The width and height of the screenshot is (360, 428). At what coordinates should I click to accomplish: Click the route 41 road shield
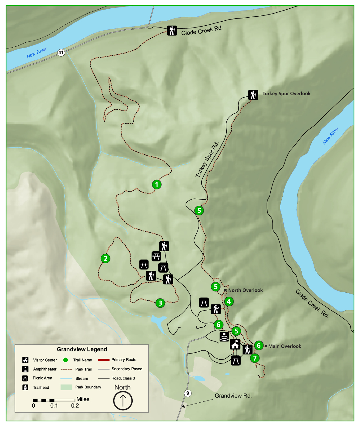(x=61, y=53)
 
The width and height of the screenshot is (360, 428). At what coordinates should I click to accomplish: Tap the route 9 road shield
(x=187, y=393)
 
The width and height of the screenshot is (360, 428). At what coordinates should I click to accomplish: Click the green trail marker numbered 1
(x=157, y=184)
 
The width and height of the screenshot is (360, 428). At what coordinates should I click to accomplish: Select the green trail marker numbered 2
(x=105, y=258)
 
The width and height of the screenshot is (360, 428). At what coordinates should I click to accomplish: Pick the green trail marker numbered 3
(x=160, y=303)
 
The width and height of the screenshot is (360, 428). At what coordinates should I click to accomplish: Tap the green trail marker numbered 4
(x=229, y=301)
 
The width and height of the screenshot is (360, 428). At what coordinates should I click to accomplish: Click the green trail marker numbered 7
(x=255, y=358)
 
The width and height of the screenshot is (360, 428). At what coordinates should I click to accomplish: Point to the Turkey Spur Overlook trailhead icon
(x=253, y=95)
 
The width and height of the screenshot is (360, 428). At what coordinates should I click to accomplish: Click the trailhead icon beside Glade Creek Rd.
(x=172, y=31)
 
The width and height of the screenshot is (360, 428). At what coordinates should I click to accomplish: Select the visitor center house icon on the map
(x=235, y=344)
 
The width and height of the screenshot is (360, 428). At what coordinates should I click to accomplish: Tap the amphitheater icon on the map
(x=224, y=337)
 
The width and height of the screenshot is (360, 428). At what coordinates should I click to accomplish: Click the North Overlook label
(x=245, y=290)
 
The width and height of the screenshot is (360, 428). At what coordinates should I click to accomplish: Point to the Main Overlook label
(x=285, y=346)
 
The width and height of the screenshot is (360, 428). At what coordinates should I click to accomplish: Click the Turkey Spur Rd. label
(x=207, y=159)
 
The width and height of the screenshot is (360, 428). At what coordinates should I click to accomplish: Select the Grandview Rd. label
(x=233, y=396)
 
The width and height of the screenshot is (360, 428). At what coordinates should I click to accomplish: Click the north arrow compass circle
(x=123, y=400)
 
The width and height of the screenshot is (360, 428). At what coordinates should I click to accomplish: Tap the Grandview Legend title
(x=82, y=349)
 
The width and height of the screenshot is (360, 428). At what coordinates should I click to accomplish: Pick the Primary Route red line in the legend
(x=104, y=360)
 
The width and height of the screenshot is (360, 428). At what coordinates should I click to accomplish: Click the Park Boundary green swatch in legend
(x=66, y=387)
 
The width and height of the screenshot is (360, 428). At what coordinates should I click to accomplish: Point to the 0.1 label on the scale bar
(x=54, y=405)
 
